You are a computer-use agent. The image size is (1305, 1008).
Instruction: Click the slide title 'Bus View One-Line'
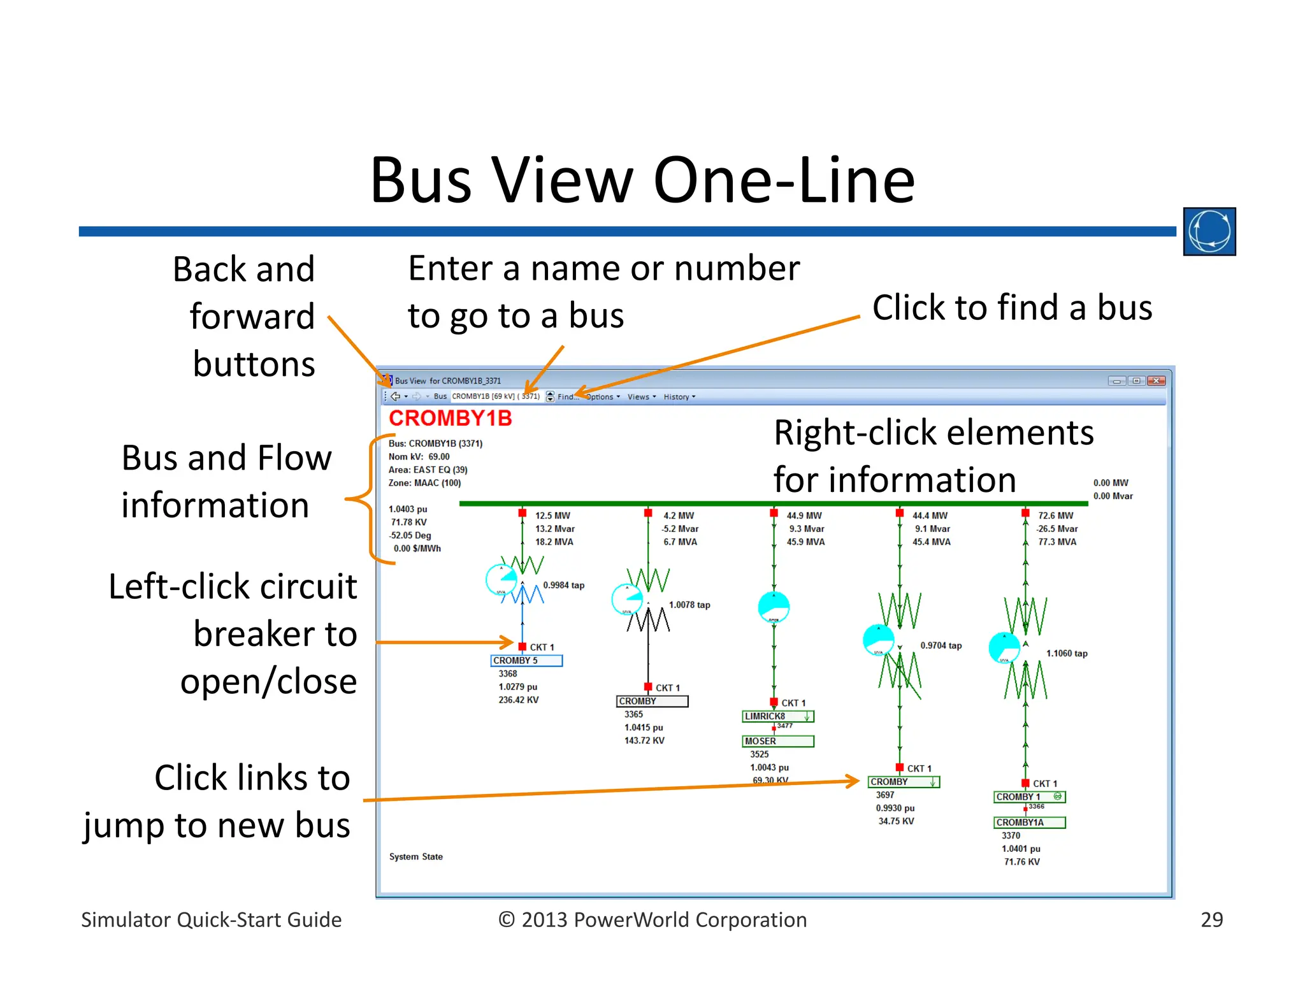pyautogui.click(x=642, y=181)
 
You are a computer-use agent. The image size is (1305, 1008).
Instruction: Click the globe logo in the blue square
pyautogui.click(x=1209, y=231)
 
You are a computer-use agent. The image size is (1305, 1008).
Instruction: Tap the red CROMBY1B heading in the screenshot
pyautogui.click(x=450, y=419)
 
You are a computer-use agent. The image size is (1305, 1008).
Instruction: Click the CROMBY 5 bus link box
pyautogui.click(x=526, y=661)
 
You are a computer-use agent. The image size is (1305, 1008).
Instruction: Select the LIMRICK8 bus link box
pyautogui.click(x=777, y=716)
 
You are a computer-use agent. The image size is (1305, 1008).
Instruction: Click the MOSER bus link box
pyautogui.click(x=777, y=742)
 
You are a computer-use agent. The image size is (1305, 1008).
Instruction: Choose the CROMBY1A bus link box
pyautogui.click(x=1029, y=823)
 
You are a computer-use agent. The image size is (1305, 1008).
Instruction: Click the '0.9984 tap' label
pyautogui.click(x=563, y=586)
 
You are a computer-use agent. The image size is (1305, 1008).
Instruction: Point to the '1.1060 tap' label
pyautogui.click(x=1067, y=654)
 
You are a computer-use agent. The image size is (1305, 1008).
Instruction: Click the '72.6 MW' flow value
pyautogui.click(x=1055, y=515)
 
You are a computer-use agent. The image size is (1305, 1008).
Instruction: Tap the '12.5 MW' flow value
pyautogui.click(x=552, y=515)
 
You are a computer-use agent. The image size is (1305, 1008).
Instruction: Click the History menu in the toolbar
pyautogui.click(x=679, y=397)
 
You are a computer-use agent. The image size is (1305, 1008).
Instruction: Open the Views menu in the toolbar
pyautogui.click(x=640, y=397)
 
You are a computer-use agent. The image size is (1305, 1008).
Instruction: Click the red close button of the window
pyautogui.click(x=1156, y=381)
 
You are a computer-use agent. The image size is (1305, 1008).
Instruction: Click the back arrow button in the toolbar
pyautogui.click(x=396, y=396)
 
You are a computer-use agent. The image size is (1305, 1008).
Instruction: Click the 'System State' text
pyautogui.click(x=415, y=857)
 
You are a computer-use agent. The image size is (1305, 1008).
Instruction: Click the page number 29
pyautogui.click(x=1211, y=920)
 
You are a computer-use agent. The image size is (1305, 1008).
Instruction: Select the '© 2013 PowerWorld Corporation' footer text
pyautogui.click(x=652, y=920)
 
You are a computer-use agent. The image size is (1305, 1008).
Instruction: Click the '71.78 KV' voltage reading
pyautogui.click(x=408, y=522)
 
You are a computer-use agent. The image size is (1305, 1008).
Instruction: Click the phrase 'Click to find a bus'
pyautogui.click(x=1012, y=308)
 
